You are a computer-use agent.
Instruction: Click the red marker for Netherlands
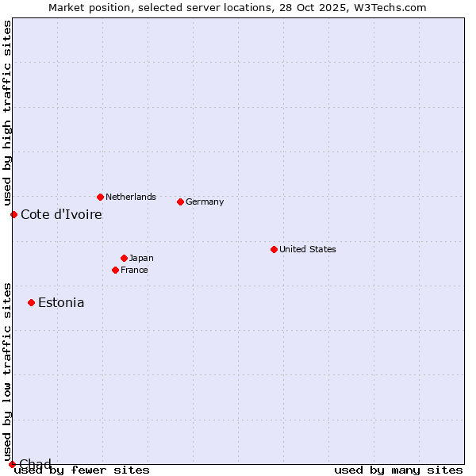coord(100,197)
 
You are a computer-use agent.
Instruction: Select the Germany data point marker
coord(180,202)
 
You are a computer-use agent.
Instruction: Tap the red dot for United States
coord(274,249)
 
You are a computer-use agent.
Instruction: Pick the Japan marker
coord(124,258)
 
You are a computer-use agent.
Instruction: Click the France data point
coord(115,270)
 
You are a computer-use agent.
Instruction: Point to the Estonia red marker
coord(31,302)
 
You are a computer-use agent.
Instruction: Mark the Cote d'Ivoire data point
coord(13,214)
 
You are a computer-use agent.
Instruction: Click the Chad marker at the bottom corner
coord(12,463)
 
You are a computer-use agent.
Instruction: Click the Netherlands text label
coord(131,197)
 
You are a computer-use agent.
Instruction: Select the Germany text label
coord(205,202)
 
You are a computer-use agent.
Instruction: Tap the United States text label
coord(308,249)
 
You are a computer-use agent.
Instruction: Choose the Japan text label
coord(141,258)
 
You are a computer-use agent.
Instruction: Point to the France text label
coord(134,270)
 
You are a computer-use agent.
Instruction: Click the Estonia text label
coord(61,302)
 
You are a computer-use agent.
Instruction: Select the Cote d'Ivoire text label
coord(61,214)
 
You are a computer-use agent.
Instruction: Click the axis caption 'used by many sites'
coord(398,470)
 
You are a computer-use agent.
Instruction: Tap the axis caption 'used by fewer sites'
coord(82,470)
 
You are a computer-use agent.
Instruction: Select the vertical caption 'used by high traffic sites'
coord(7,113)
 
